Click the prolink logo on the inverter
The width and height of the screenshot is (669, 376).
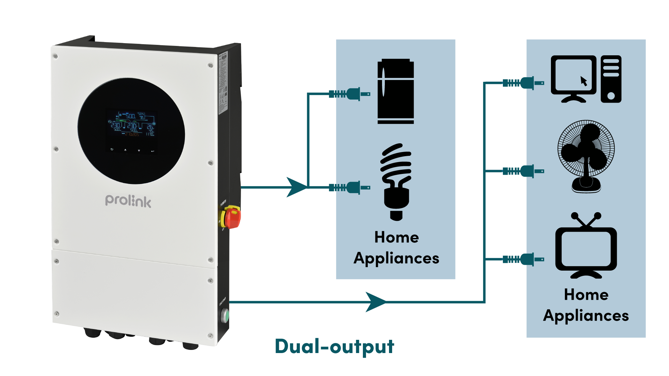click(x=128, y=201)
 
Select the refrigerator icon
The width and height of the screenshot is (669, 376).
click(x=396, y=91)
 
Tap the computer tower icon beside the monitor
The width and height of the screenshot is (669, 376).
click(x=611, y=79)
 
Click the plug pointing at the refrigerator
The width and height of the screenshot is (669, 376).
click(x=350, y=94)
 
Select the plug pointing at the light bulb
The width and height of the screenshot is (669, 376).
click(x=350, y=188)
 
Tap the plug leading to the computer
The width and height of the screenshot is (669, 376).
click(x=523, y=83)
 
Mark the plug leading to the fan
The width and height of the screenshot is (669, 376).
click(x=523, y=171)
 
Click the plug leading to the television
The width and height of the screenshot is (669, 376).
click(x=523, y=259)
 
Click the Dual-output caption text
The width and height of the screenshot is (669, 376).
click(x=334, y=346)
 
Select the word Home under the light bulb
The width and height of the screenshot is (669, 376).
click(x=396, y=237)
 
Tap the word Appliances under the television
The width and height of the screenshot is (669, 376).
click(x=586, y=316)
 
